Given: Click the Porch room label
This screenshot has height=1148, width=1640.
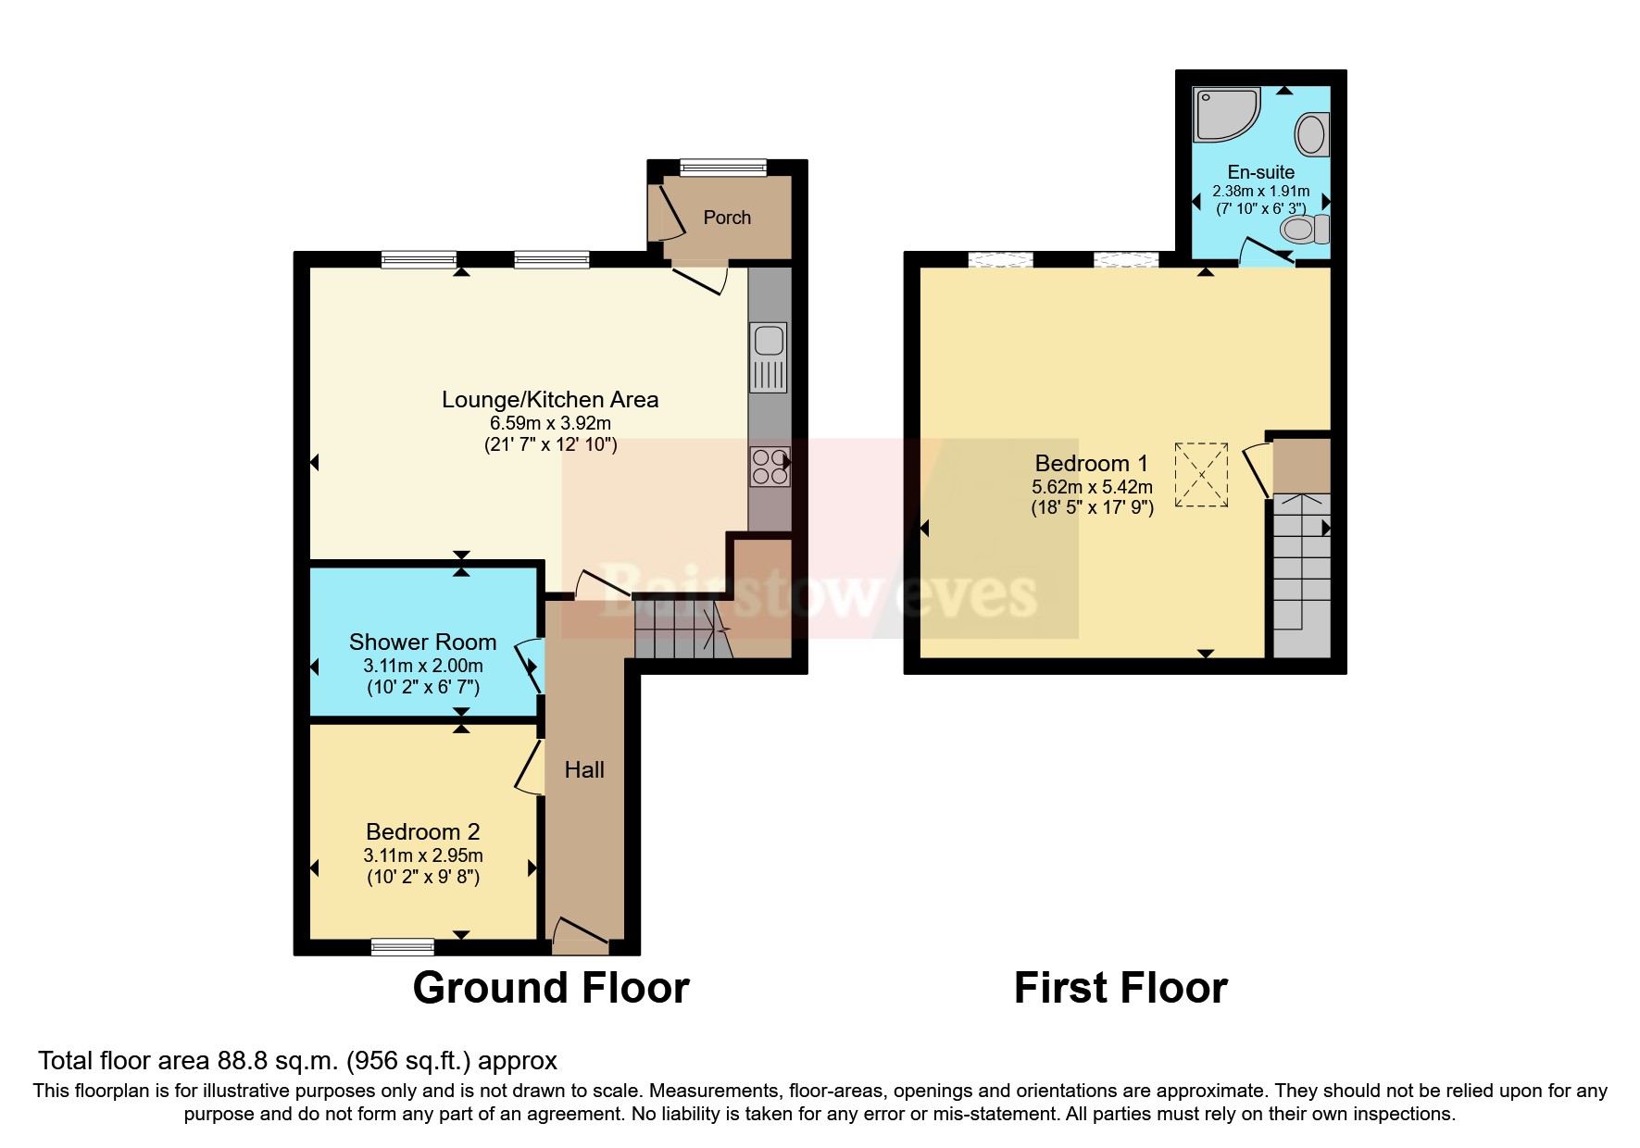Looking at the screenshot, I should coord(727,218).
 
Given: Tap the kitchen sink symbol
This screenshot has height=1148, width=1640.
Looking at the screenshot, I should coord(769,356).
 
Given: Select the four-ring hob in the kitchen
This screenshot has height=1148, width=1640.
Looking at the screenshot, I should coord(770,467).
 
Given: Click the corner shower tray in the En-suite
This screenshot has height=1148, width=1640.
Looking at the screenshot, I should coord(1224,115).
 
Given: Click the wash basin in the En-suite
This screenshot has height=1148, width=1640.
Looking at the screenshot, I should coord(1312,134).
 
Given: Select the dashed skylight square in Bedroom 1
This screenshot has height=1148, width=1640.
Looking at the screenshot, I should coord(1202,475).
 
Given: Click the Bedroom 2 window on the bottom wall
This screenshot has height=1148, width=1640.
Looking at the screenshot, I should coord(402,946).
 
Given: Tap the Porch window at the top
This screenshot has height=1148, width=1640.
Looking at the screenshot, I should coord(722,168).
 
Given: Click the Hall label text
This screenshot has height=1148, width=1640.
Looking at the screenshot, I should coord(584,770).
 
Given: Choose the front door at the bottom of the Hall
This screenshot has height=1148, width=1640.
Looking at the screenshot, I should coord(581,935).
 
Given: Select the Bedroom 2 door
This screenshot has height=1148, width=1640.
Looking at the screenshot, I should coord(530,767).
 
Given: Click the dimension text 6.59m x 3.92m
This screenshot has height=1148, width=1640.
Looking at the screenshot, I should coord(550,423).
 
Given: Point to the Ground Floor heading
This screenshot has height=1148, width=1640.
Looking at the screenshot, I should coord(551,988).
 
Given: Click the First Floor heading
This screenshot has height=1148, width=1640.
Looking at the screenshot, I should coord(1120,988).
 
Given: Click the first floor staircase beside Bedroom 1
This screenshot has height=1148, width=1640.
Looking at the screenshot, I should coord(1301,574).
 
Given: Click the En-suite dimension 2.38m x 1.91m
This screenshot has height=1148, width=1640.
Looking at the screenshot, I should coord(1260,192).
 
